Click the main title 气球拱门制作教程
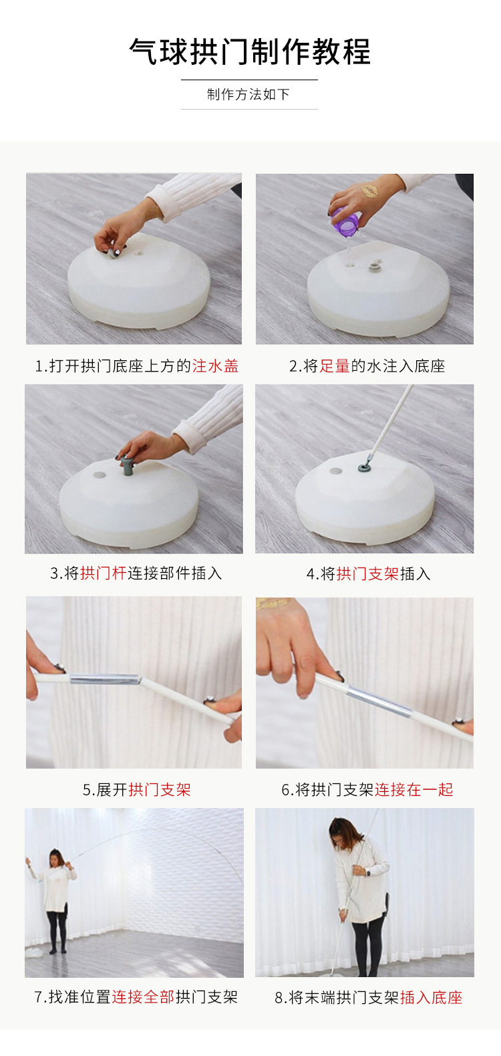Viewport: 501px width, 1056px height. pos(250,51)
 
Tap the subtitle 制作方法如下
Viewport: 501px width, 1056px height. pos(248,94)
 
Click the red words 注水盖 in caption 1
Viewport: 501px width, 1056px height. pos(215,366)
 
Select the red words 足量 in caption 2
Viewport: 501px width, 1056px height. pos(335,366)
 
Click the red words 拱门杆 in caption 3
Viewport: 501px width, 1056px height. pos(104,573)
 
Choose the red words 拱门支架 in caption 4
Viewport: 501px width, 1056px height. pos(367,573)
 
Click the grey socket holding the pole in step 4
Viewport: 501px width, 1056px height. pos(364,463)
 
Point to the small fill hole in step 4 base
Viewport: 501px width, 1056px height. pos(336,471)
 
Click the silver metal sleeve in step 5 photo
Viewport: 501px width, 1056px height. pos(105,680)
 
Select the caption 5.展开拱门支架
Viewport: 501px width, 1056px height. pos(136,789)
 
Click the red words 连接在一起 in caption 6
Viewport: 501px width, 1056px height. pos(413,789)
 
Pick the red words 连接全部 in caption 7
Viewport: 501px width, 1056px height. pos(143,997)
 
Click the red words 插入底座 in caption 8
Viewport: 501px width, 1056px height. pos(431,997)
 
